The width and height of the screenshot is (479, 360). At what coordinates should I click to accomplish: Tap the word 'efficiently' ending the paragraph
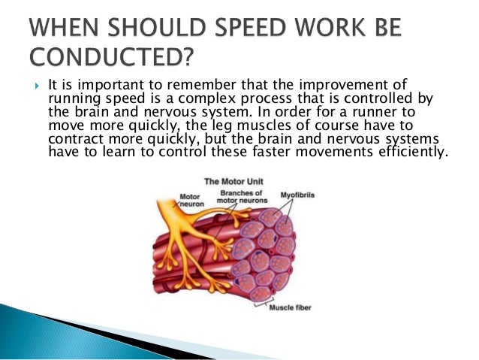tap(413, 151)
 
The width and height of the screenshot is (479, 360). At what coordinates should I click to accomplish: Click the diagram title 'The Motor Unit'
tap(241, 182)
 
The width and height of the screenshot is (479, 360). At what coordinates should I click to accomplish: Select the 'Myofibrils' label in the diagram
tap(300, 195)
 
